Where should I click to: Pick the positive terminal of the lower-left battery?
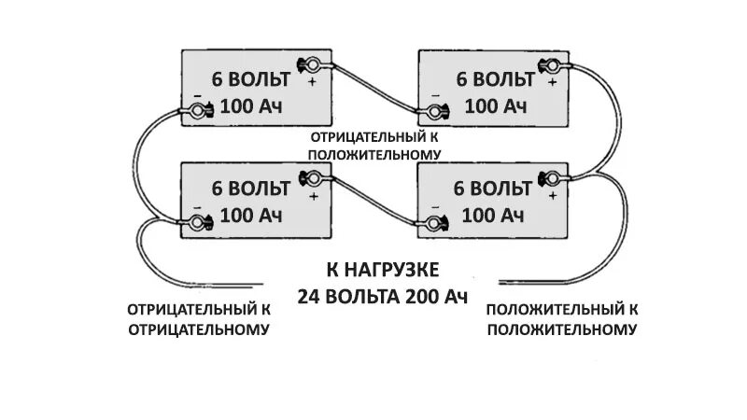pos(312,177)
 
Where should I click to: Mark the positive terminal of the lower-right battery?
pos(551,175)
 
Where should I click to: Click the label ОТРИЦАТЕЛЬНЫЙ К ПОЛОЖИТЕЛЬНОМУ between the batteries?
pos(375,146)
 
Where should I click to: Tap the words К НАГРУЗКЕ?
pos(382,271)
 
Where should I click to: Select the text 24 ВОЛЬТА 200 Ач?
pos(382,297)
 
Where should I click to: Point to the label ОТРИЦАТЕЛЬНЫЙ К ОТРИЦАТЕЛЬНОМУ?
pos(199,318)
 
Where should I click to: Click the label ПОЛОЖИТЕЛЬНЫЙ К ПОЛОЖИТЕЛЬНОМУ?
pos(562,318)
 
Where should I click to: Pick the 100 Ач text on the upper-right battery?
pos(495,105)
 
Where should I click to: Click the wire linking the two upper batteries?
pos(373,89)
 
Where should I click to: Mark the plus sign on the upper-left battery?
pos(313,83)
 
